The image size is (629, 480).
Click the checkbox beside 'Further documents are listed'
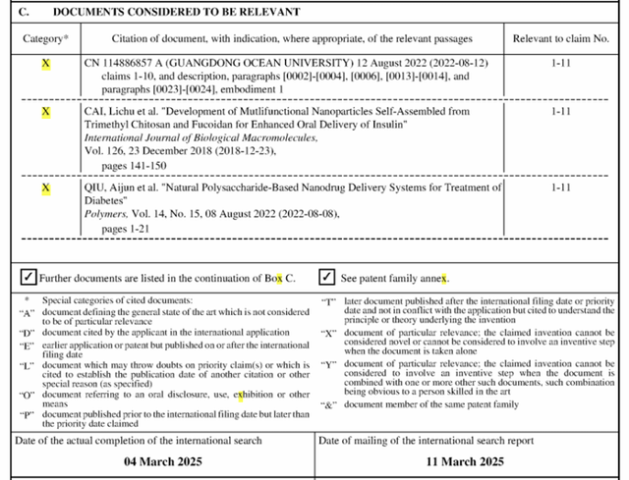pos(29,278)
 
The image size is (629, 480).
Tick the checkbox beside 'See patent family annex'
pos(326,278)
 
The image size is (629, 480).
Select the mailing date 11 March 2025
pos(466,460)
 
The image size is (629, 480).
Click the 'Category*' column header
pos(46,39)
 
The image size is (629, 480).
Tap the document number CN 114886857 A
pos(130,62)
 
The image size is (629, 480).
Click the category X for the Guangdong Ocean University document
pos(45,62)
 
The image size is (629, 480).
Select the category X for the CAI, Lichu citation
pos(45,113)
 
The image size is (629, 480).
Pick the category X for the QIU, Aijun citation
pos(45,187)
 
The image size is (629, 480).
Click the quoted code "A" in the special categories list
pos(29,312)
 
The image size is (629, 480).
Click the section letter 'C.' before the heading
pos(28,12)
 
